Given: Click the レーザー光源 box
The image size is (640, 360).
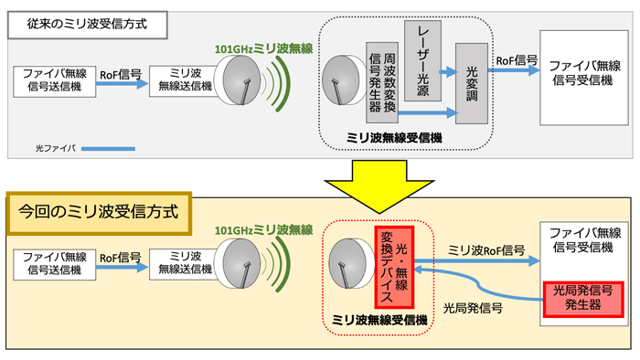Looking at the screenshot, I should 423,61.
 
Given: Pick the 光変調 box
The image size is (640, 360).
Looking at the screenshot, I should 472,84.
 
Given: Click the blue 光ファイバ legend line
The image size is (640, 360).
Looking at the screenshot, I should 108,148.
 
